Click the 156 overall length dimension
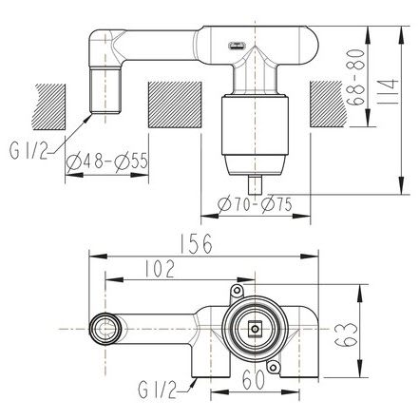coord(196,244)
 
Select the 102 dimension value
coord(160,269)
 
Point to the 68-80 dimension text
coord(355,77)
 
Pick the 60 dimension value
coord(254,380)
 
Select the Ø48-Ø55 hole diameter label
coord(107,162)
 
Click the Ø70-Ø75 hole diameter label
coord(255,204)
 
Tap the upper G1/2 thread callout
coord(29,151)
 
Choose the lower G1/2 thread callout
coord(158,390)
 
